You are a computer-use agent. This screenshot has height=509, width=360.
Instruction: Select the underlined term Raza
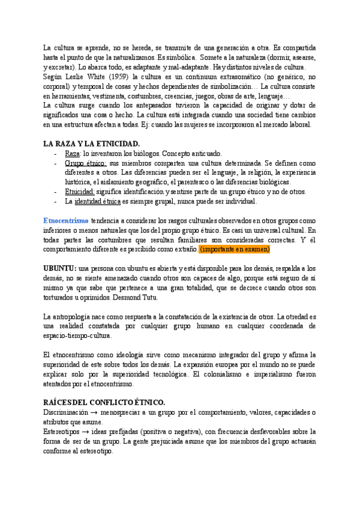73,154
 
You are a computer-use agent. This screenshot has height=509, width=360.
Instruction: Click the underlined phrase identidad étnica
97,201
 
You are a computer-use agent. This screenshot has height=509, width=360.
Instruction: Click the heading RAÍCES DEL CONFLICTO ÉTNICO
104,387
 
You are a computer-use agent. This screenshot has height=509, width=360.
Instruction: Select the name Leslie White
81,77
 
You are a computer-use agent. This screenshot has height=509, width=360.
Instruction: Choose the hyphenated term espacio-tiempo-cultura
76,336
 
